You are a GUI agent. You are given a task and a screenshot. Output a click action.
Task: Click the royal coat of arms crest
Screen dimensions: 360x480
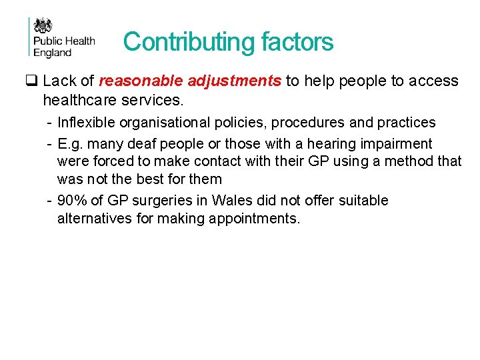pos(43,26)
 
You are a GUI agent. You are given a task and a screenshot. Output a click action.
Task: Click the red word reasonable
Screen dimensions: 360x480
pos(141,81)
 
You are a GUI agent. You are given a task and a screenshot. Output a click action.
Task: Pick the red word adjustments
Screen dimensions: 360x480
pos(235,81)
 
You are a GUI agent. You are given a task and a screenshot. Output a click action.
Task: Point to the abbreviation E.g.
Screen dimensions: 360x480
pos(70,144)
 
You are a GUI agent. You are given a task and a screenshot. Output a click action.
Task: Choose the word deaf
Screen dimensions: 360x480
pos(143,144)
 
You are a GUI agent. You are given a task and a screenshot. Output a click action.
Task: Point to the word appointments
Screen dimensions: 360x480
pos(257,218)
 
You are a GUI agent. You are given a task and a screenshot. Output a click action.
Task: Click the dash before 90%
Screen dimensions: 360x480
pos(50,201)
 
